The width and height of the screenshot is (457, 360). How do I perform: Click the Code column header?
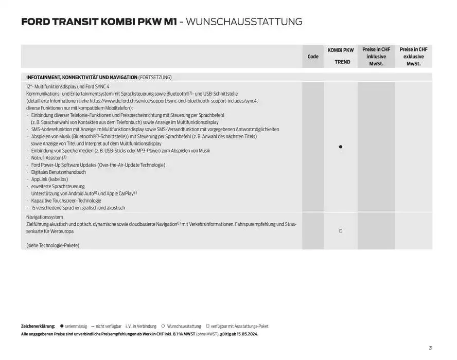pos(313,57)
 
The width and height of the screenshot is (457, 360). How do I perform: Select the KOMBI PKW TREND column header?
pos(340,56)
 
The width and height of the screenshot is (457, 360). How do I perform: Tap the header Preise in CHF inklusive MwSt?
pos(376,57)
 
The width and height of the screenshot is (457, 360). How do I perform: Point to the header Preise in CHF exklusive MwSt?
pos(413,57)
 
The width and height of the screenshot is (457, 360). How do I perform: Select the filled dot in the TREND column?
pos(340,147)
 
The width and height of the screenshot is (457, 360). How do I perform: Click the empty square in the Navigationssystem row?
pos(340,231)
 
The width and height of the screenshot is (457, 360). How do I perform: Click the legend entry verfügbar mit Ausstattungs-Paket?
pos(239,327)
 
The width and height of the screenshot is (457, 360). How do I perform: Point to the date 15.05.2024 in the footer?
pos(246,334)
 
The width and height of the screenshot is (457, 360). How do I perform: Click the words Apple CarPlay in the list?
pos(119,194)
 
